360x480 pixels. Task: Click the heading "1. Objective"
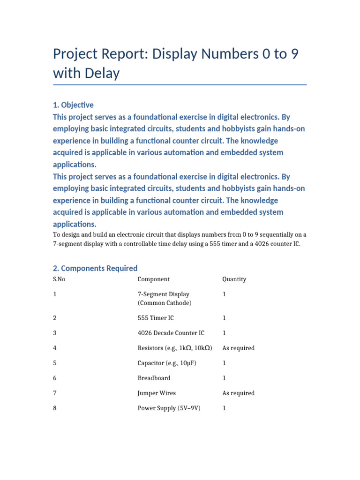click(x=73, y=105)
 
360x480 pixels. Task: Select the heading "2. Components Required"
click(x=95, y=268)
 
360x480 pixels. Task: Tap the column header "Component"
click(x=153, y=279)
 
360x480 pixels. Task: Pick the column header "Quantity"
click(x=234, y=279)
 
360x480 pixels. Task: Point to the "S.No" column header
click(x=59, y=279)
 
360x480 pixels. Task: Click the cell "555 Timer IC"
click(x=156, y=318)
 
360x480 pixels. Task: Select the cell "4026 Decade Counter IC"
click(x=171, y=333)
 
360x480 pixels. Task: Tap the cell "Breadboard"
click(x=154, y=378)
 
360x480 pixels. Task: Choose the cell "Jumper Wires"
click(x=157, y=393)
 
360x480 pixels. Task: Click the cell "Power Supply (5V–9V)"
click(x=169, y=408)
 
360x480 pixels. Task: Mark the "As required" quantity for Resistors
click(x=238, y=348)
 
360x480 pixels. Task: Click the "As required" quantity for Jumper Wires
click(x=238, y=393)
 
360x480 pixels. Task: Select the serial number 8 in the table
click(x=55, y=408)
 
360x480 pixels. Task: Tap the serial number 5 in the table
click(x=55, y=363)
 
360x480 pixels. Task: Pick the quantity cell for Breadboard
click(x=224, y=378)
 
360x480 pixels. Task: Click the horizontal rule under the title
click(x=180, y=85)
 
